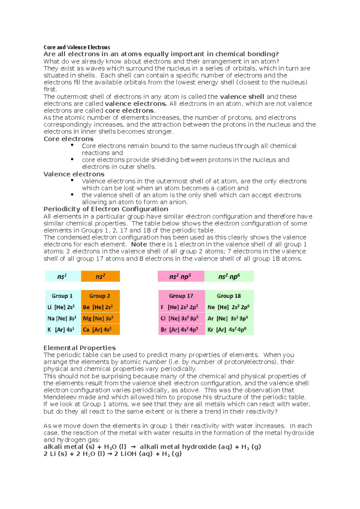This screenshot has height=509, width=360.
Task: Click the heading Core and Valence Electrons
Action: (77, 47)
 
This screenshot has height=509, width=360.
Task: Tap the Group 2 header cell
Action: (100, 296)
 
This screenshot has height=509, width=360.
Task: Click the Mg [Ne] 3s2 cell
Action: (100, 318)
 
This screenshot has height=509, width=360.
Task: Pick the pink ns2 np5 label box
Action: (181, 276)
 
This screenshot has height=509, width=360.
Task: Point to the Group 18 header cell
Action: (229, 296)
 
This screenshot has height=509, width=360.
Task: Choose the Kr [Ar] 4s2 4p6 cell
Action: (229, 329)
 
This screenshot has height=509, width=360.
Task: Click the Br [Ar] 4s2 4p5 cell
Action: (181, 329)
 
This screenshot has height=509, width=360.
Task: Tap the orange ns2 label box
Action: (100, 276)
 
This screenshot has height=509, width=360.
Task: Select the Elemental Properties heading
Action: (79, 348)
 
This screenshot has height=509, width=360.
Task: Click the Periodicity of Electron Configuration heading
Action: (106, 209)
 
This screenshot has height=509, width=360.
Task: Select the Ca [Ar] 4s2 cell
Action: (100, 329)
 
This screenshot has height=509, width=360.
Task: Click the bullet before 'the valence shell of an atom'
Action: (72, 195)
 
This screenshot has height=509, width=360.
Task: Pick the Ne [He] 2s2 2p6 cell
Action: (229, 307)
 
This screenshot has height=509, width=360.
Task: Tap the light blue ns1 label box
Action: (63, 276)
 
